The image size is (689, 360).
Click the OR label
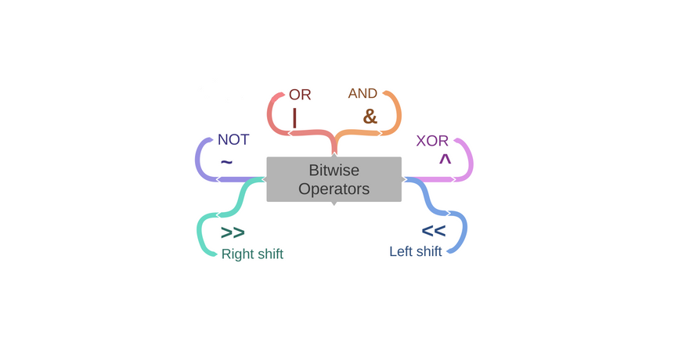pos(300,95)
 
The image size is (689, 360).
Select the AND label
pos(363,93)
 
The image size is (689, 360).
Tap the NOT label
pos(233,139)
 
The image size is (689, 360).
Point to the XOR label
pos(432,141)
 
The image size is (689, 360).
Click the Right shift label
pos(252,254)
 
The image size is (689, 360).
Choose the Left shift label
pos(415,251)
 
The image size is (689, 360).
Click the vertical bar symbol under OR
pos(294,117)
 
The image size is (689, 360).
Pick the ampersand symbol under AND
pos(370,117)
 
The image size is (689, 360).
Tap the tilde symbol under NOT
pos(226,162)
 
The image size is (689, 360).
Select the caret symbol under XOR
pos(445,160)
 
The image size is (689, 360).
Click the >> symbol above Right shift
pos(233,232)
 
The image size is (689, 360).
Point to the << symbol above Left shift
pos(433,231)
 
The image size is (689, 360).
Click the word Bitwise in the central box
pos(334,170)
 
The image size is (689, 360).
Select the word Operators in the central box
pos(334,189)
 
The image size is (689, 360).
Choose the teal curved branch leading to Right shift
pos(200,235)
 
